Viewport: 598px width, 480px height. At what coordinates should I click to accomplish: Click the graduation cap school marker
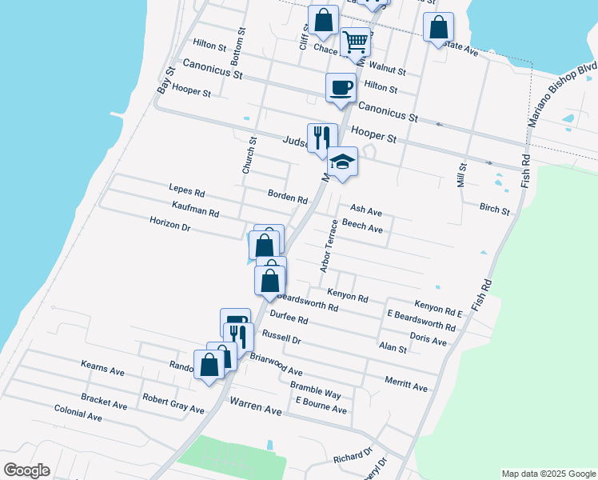point(341,162)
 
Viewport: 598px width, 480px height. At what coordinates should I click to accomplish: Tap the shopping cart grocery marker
point(355,42)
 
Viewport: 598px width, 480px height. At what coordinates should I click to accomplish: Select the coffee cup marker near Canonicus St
point(341,86)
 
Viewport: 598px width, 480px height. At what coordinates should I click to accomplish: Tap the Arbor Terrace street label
point(329,246)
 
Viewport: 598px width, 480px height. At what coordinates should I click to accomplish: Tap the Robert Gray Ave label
point(173,403)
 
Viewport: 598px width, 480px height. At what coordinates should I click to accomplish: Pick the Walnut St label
point(389,71)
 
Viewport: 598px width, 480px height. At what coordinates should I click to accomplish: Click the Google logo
point(26,470)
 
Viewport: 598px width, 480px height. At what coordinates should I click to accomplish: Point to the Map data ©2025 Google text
point(547,474)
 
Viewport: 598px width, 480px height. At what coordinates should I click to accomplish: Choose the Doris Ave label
point(428,341)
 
